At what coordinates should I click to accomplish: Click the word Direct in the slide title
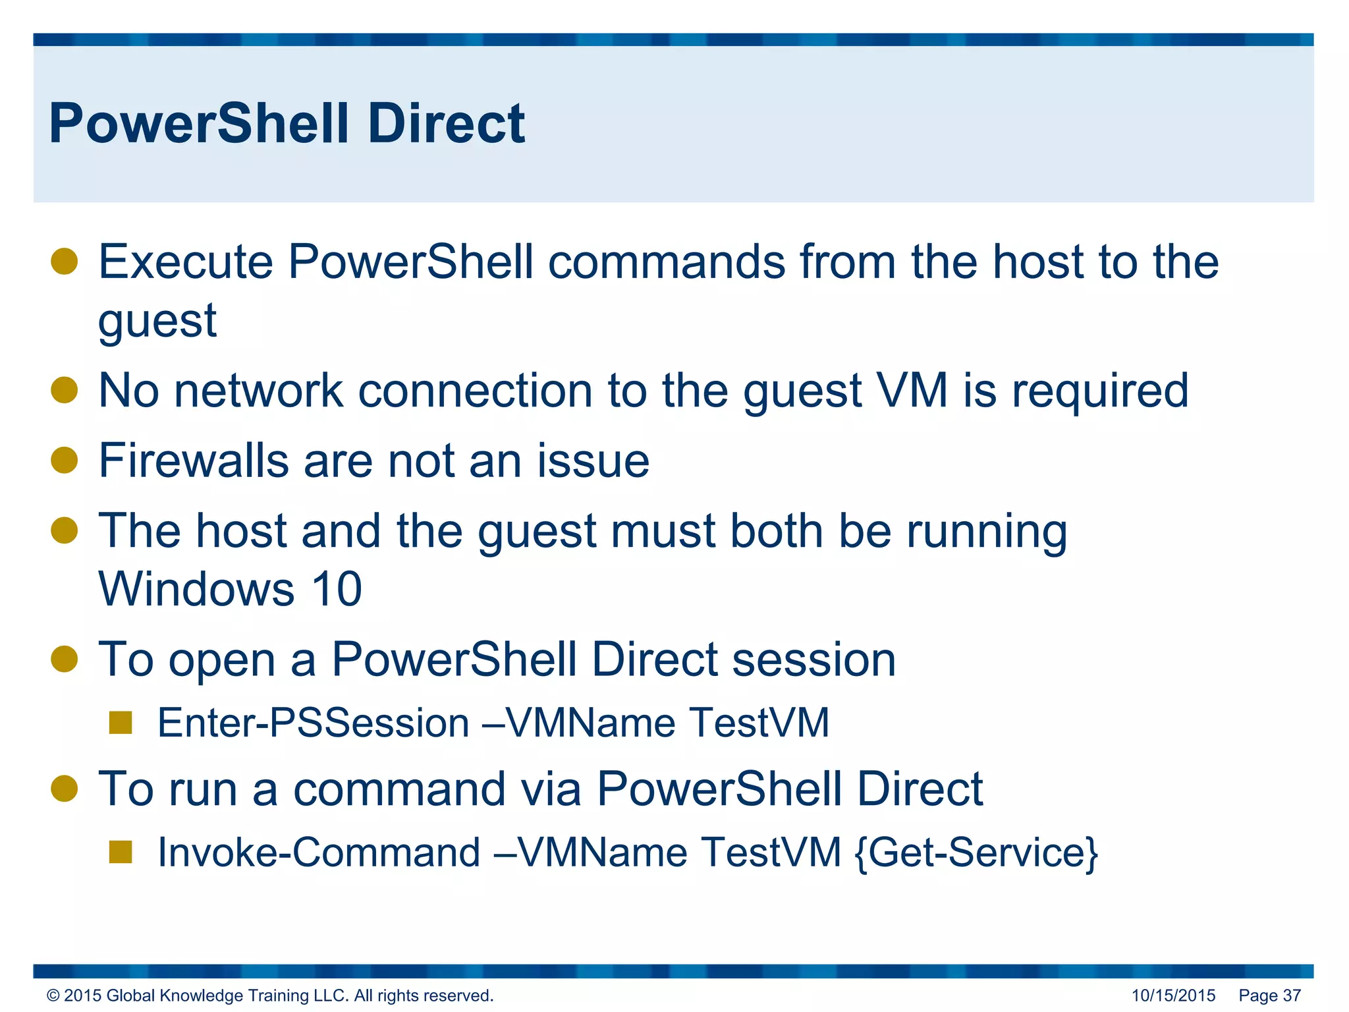coord(446,124)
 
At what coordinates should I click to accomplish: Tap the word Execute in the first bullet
coord(185,262)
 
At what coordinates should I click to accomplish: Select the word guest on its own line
coord(157,322)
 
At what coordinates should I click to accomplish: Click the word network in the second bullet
coord(258,391)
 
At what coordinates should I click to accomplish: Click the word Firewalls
coord(193,461)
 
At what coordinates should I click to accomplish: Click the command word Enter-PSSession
coord(313,723)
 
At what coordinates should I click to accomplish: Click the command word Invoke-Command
coord(319,853)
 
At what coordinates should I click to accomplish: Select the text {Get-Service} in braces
coord(976,853)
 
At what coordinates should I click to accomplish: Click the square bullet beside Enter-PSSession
coord(121,723)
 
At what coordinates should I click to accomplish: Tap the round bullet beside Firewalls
coord(65,460)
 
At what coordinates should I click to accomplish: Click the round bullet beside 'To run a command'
coord(65,789)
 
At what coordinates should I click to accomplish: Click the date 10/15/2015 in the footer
coord(1173,996)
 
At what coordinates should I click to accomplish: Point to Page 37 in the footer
coord(1269,996)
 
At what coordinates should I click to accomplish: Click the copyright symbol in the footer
coord(53,996)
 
